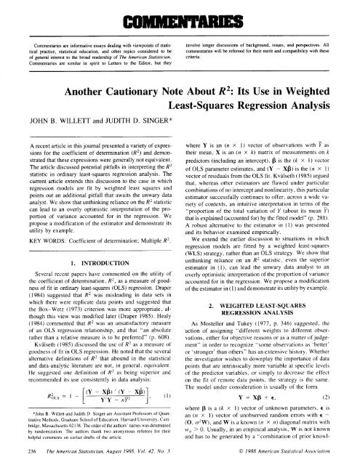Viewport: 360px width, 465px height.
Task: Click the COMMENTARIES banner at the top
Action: (180, 15)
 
